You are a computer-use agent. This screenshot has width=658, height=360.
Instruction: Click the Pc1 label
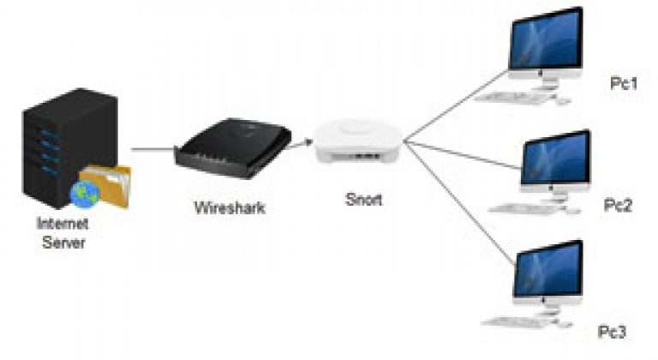click(x=624, y=83)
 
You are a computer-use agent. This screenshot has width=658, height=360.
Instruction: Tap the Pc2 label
click(x=618, y=205)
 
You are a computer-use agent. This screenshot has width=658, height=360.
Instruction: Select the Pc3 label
click(x=612, y=332)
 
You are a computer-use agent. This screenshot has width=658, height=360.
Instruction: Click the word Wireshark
click(x=230, y=207)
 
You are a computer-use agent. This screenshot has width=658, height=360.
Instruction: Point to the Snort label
click(x=363, y=199)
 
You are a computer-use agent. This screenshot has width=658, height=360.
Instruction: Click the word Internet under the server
click(x=63, y=223)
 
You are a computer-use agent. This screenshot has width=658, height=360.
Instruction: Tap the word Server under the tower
click(x=63, y=243)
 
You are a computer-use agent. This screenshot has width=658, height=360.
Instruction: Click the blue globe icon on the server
click(x=85, y=194)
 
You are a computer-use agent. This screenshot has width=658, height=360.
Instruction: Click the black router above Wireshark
click(x=233, y=148)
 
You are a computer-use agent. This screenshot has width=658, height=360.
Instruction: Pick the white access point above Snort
click(x=358, y=141)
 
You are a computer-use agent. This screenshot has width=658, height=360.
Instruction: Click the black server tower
click(x=69, y=148)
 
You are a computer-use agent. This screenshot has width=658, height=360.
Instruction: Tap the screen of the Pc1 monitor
click(x=546, y=41)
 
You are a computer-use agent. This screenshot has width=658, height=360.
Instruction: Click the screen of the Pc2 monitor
click(x=556, y=159)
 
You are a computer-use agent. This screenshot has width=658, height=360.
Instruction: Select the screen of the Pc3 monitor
click(x=548, y=268)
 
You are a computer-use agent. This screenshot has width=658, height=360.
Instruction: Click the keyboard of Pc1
click(x=511, y=98)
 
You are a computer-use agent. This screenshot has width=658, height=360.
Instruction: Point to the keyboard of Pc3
click(x=516, y=321)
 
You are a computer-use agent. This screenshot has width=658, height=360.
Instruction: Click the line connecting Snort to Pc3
click(x=459, y=203)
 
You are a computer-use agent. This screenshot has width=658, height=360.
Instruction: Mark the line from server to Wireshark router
click(x=153, y=148)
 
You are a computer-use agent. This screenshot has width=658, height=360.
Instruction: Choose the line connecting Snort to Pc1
click(x=456, y=106)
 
